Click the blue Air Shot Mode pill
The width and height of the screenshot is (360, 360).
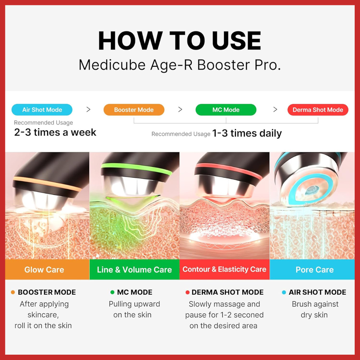42,110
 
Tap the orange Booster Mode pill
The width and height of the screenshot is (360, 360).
134,110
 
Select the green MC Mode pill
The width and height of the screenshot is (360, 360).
226,110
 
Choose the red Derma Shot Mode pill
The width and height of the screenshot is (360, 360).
318,110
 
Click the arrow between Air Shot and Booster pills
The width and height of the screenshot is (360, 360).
88,110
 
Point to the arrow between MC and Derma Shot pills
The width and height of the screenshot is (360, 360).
275,110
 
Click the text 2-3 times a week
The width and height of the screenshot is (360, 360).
55,132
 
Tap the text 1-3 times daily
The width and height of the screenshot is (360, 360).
247,133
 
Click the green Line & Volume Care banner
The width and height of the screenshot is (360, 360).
134,270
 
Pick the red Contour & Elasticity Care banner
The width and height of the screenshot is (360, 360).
225,270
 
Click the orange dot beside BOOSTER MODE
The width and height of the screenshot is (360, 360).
13,292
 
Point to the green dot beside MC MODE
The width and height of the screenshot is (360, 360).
112,292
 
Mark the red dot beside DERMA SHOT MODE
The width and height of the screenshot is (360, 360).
187,292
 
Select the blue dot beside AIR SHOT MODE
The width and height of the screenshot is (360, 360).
284,292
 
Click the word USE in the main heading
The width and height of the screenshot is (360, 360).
236,41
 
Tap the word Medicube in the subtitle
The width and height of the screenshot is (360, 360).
112,65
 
